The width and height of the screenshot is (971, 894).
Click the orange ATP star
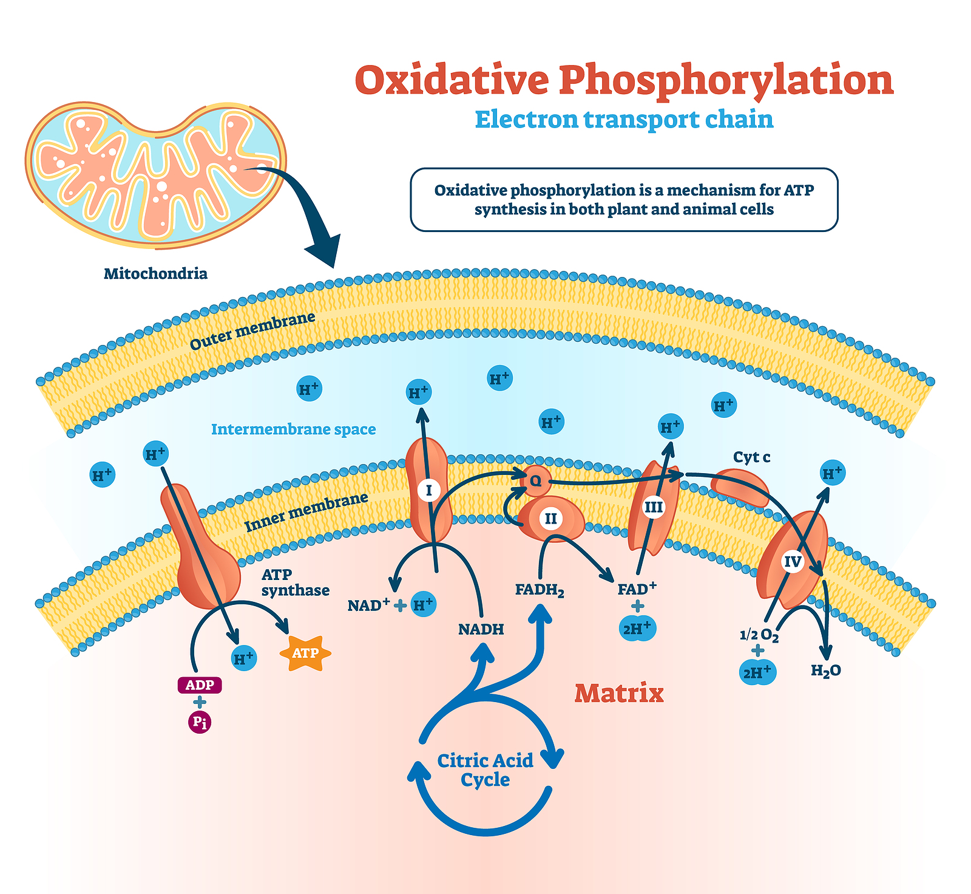(305, 653)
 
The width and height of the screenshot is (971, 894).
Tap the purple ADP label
(200, 685)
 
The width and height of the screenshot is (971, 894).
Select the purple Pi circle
(200, 722)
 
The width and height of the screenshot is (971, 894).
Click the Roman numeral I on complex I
(429, 490)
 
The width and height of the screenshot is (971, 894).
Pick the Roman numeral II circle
(550, 518)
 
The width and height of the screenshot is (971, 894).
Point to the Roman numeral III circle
(654, 507)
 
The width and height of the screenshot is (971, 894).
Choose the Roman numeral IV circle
(793, 562)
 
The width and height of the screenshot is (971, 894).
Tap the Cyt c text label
(751, 457)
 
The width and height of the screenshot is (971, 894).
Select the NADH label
(481, 629)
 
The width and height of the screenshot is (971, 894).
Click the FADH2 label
(540, 590)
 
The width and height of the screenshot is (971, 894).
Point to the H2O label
(826, 670)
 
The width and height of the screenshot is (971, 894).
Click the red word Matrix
(619, 693)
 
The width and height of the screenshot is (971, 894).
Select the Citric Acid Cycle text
(486, 769)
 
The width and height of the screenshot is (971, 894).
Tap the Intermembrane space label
(294, 429)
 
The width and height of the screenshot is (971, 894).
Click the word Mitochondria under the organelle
(155, 273)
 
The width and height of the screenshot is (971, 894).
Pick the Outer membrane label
(253, 331)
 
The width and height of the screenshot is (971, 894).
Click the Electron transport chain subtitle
(624, 119)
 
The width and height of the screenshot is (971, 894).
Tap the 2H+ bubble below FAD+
(637, 629)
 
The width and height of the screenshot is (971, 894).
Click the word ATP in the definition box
(799, 190)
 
